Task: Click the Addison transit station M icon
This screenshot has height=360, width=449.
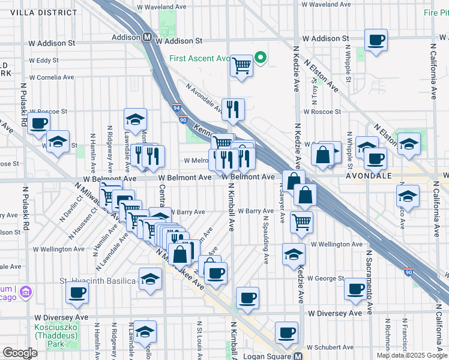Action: tap(147, 37)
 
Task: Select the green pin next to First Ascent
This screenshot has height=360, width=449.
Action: tap(260, 58)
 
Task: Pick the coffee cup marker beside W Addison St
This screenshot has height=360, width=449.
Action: tap(376, 40)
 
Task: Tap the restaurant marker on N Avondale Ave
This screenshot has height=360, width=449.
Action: tap(232, 109)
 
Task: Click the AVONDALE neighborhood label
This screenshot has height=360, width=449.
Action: tap(368, 176)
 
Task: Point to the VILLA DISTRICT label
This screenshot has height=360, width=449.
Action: tap(40, 12)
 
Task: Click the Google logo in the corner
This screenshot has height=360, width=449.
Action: tap(20, 353)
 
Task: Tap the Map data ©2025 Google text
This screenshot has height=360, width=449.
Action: tap(411, 355)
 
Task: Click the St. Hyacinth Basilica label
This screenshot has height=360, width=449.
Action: tap(97, 281)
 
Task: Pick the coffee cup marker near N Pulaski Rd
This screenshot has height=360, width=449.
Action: tap(39, 124)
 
